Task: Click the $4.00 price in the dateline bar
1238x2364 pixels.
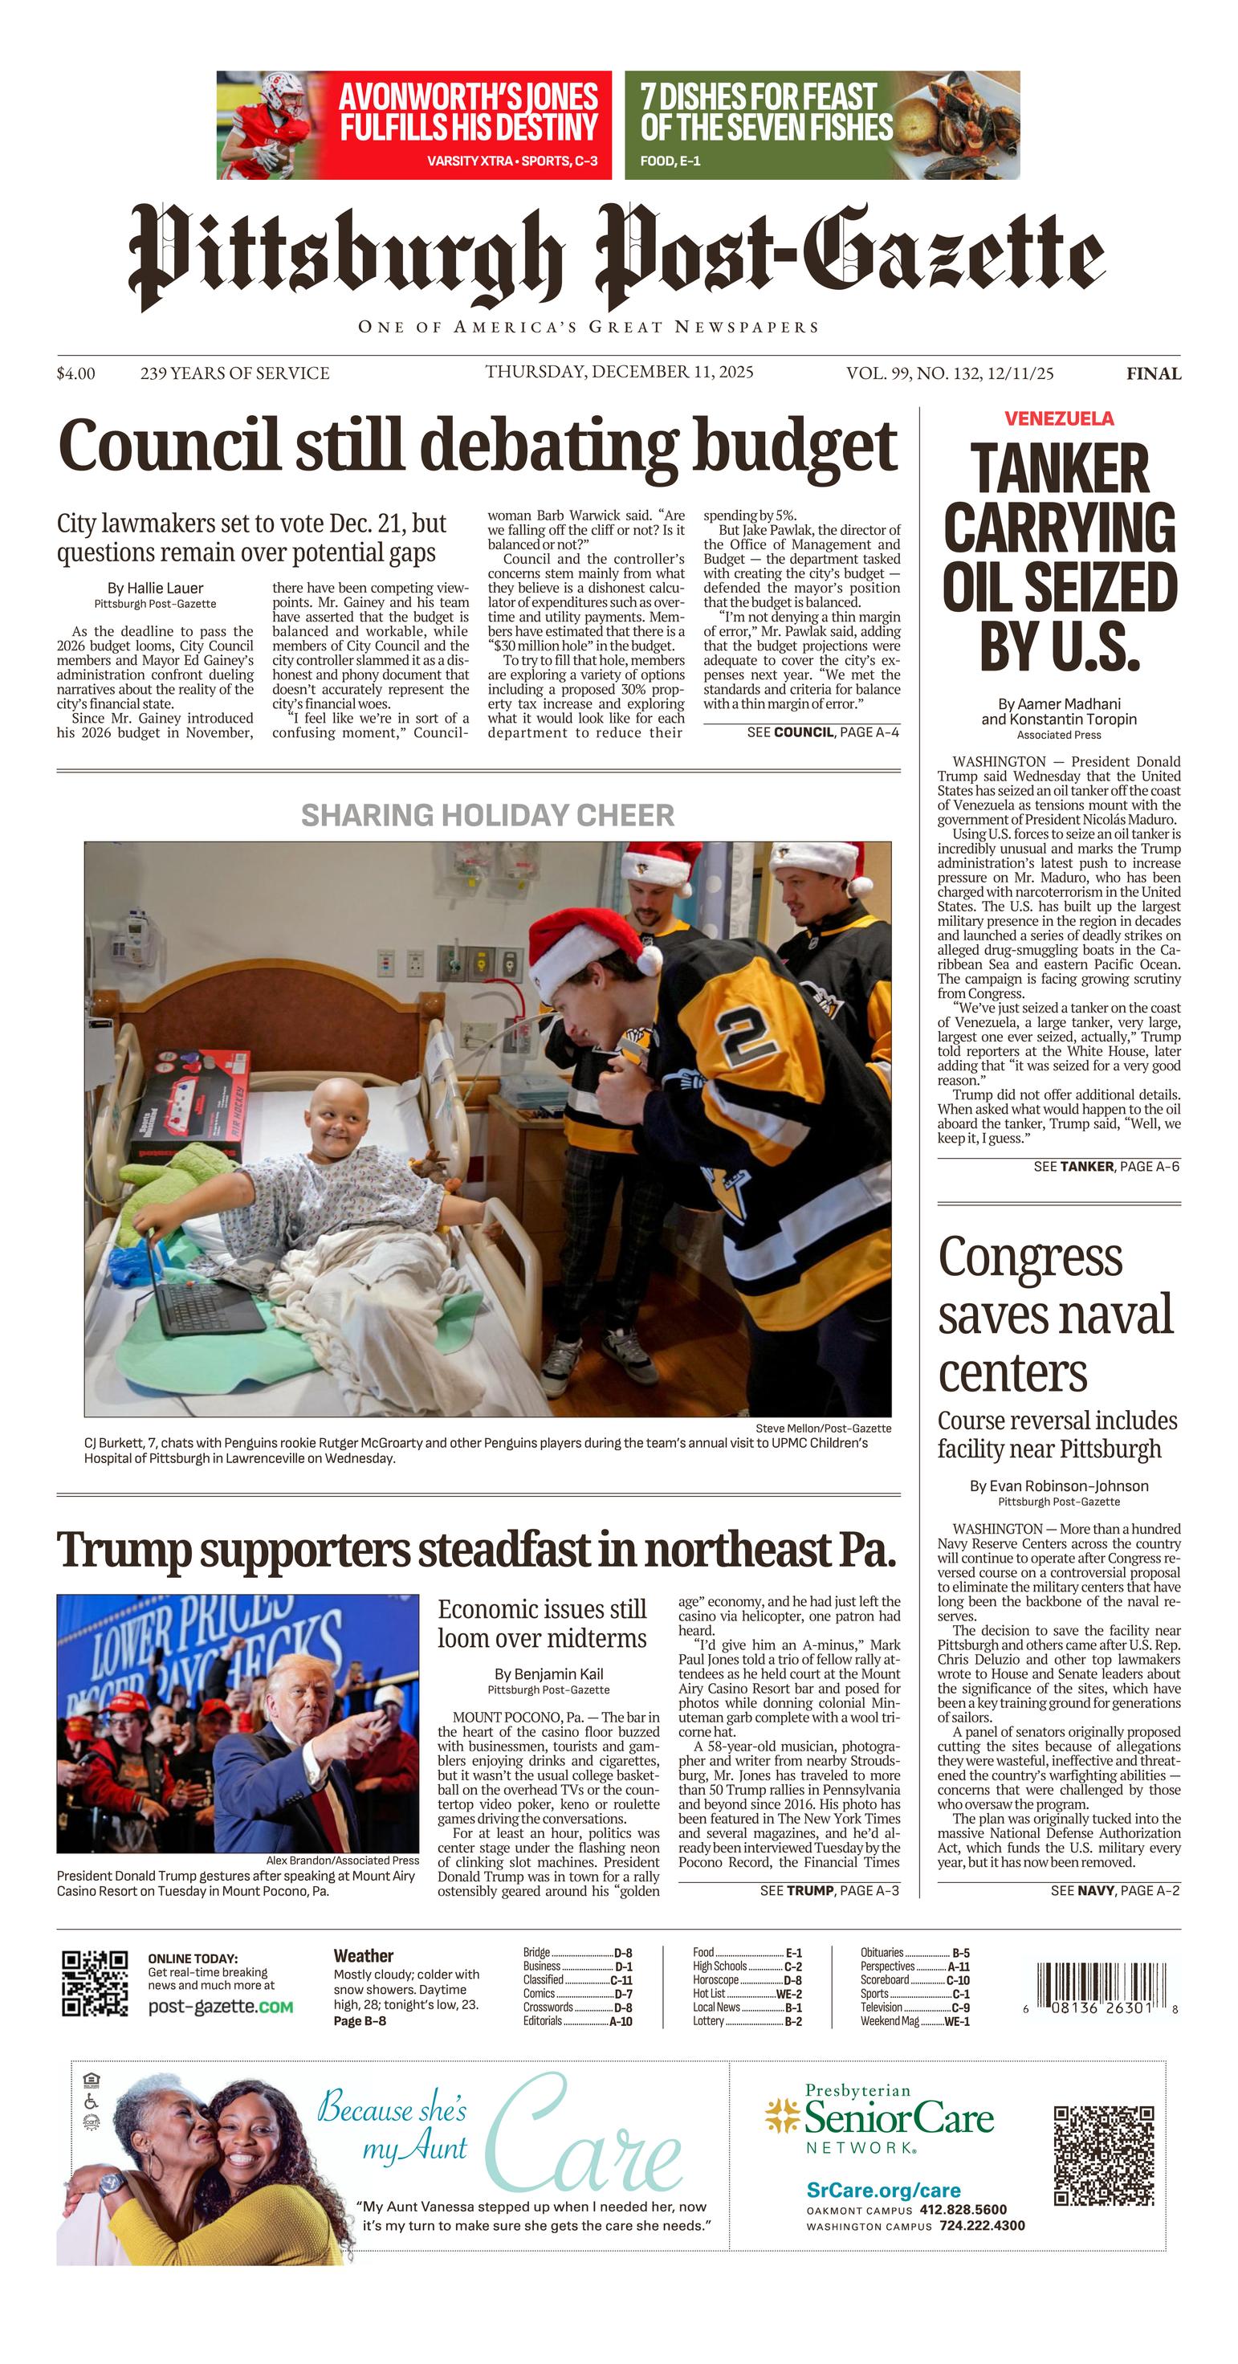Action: (75, 373)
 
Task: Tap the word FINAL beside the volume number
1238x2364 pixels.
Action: (1154, 373)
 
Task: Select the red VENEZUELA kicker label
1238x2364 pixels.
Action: (1059, 418)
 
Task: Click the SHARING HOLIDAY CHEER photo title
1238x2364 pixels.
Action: (487, 815)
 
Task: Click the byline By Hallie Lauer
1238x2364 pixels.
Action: (155, 589)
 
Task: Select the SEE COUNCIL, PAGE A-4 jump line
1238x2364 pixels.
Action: (822, 732)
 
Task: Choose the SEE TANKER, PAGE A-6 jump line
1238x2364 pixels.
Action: (1106, 1167)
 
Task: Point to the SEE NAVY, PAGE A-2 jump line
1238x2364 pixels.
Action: (1115, 1890)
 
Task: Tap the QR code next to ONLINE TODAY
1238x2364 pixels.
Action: (95, 1983)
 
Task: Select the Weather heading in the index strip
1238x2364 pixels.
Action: (364, 1955)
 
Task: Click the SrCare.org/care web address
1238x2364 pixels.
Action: (883, 2191)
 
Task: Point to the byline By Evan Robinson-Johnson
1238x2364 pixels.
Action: (1058, 1486)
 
